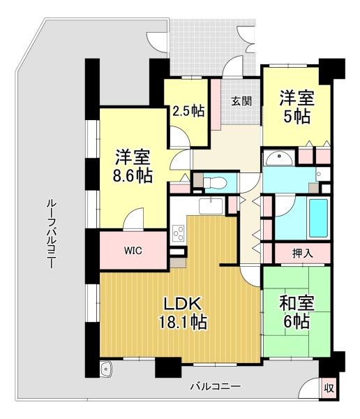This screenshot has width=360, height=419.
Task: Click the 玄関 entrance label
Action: tap(241, 101)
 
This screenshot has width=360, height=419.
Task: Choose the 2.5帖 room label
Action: tap(188, 111)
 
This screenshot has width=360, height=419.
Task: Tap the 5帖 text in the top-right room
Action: tap(296, 116)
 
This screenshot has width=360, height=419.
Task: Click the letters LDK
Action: tap(183, 304)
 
